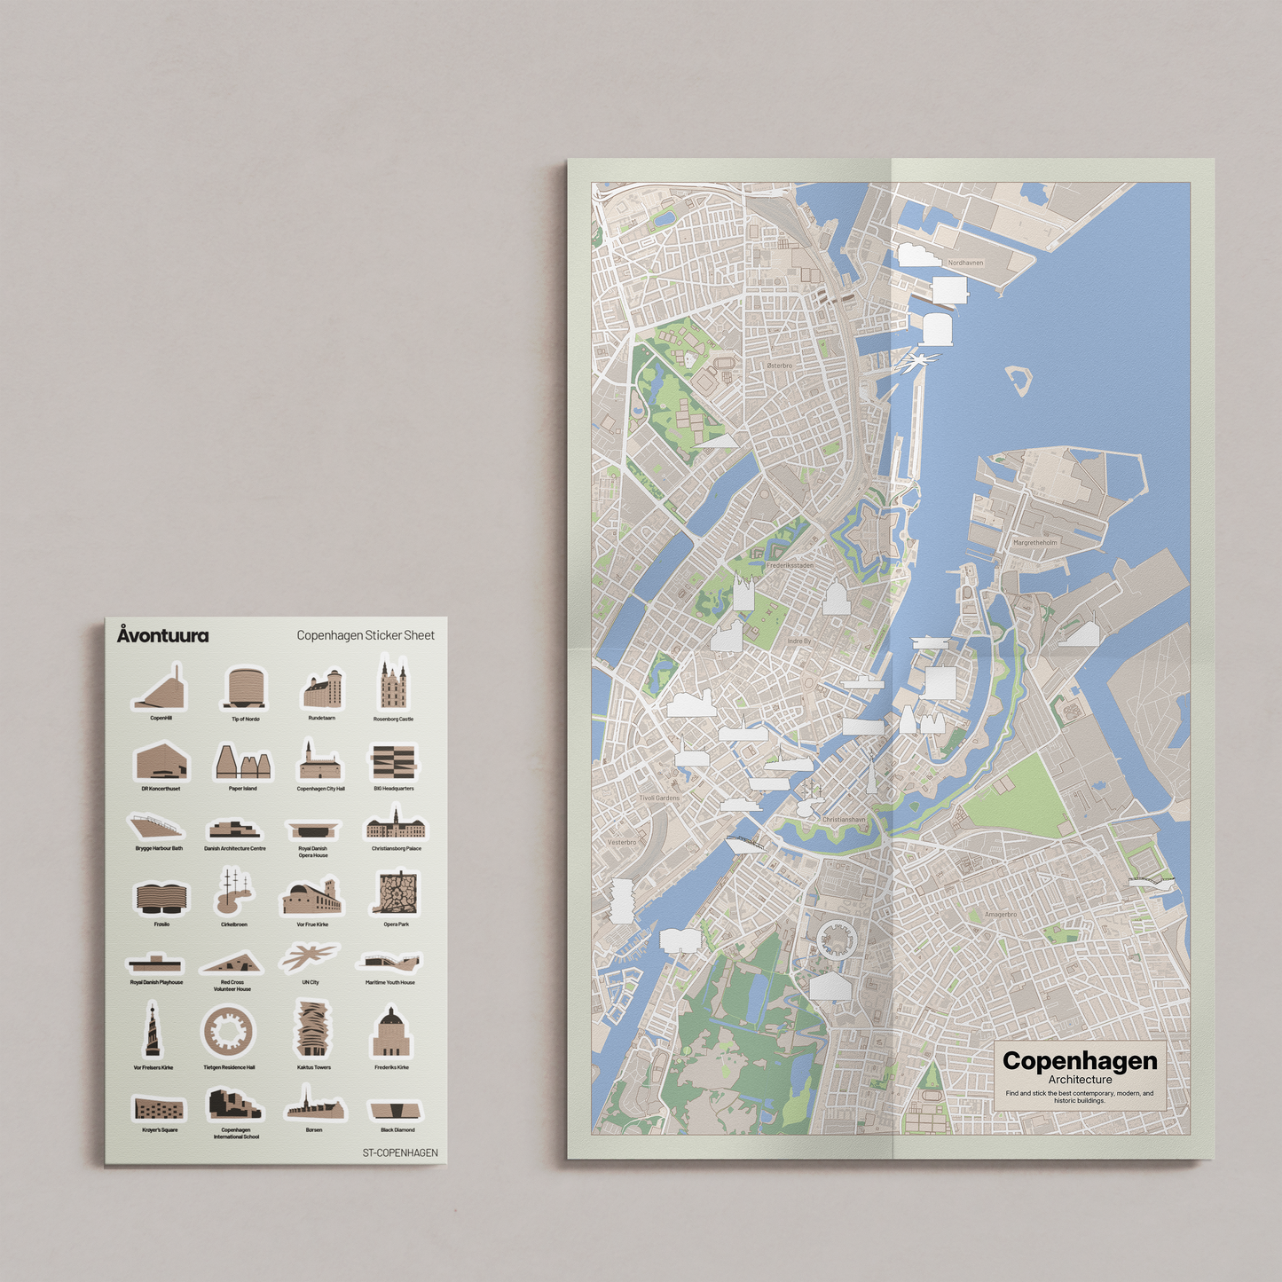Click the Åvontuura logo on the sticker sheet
click(163, 635)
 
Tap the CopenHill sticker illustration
click(161, 689)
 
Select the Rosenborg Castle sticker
click(393, 684)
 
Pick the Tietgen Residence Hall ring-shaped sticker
click(229, 1031)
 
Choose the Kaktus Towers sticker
click(313, 1029)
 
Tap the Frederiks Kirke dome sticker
click(391, 1033)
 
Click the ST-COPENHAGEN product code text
click(400, 1152)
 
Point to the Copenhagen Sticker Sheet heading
click(366, 635)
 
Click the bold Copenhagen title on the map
click(1080, 1061)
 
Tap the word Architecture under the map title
click(1080, 1080)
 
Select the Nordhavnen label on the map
click(965, 263)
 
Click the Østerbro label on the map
click(780, 366)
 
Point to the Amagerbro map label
click(1001, 915)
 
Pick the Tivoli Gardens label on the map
click(660, 798)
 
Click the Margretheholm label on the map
click(1035, 542)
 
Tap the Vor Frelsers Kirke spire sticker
click(153, 1031)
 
